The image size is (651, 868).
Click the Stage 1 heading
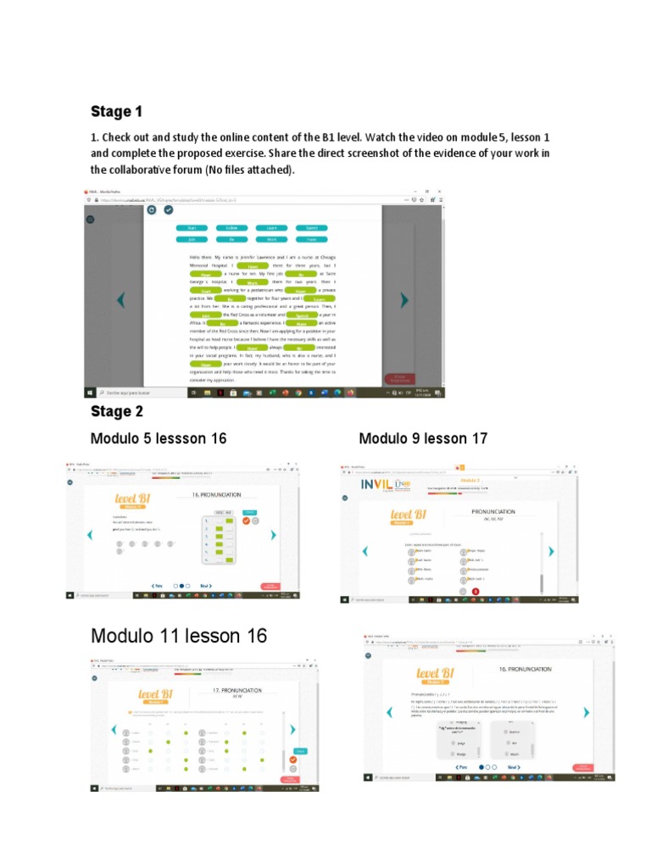(x=116, y=112)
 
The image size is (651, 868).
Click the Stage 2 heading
(x=116, y=412)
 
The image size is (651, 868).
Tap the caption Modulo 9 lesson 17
(x=423, y=438)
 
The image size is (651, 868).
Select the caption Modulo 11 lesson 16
(x=179, y=636)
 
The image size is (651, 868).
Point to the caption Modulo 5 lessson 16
(x=159, y=438)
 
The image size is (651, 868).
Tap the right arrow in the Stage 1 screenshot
(x=403, y=300)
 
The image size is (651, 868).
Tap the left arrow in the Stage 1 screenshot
(x=120, y=300)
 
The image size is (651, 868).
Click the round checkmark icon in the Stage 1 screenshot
(x=168, y=209)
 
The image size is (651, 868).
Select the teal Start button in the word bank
(x=192, y=228)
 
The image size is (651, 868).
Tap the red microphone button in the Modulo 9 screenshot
(x=475, y=591)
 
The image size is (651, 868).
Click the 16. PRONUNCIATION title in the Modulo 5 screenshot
(x=216, y=495)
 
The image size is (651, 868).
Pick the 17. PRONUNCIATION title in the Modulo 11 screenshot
(x=237, y=691)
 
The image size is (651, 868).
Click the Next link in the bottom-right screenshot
(x=512, y=767)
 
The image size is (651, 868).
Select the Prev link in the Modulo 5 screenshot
(x=157, y=585)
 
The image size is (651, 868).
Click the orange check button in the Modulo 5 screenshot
(x=245, y=521)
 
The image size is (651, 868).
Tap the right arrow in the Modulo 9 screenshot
(x=551, y=551)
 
